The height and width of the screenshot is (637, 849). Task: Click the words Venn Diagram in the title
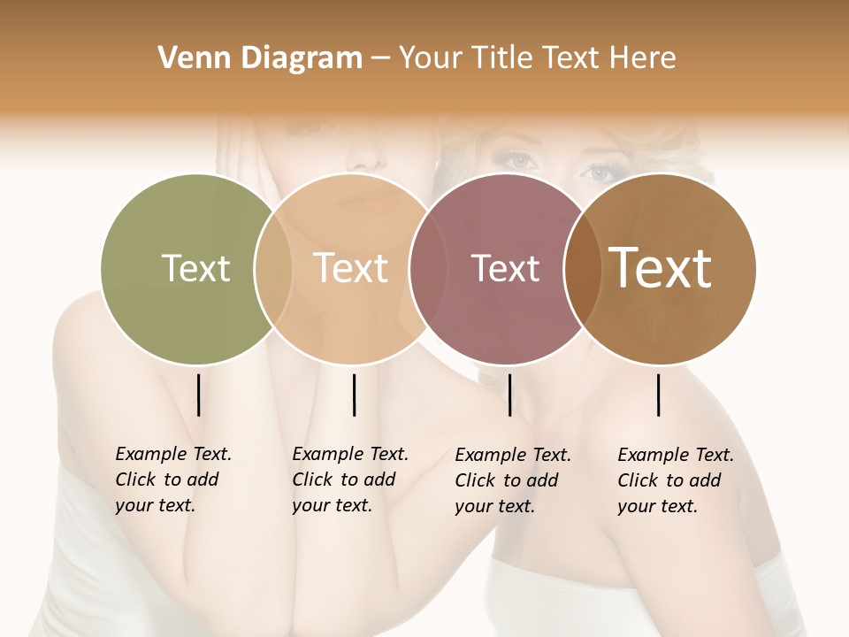[x=260, y=58]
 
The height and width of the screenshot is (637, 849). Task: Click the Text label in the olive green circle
[x=195, y=268]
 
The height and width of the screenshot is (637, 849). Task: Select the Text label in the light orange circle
[x=350, y=268]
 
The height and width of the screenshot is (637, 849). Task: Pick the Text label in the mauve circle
[x=505, y=268]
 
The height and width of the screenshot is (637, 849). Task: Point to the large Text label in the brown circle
[x=660, y=268]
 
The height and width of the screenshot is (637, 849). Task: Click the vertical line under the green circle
[x=198, y=395]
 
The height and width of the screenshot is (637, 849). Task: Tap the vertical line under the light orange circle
[x=354, y=395]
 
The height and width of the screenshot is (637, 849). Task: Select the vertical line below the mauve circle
[x=509, y=395]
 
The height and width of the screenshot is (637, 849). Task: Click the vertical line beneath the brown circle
[x=659, y=395]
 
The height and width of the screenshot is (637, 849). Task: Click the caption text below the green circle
[x=173, y=480]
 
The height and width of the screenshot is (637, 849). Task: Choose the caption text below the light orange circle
[x=350, y=480]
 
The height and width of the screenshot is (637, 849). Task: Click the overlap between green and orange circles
[x=272, y=268]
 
